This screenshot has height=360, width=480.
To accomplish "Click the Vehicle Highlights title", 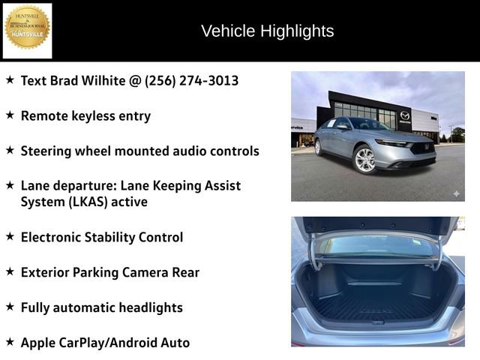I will click(x=267, y=31).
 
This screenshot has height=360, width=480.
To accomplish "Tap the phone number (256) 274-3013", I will click(x=191, y=79).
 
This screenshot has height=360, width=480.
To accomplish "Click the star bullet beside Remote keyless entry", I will click(x=10, y=115).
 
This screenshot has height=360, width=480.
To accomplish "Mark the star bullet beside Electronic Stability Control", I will click(x=10, y=236).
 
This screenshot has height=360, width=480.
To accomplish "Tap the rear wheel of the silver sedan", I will click(x=318, y=147).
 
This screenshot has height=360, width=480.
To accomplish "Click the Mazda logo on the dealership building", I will click(x=405, y=115).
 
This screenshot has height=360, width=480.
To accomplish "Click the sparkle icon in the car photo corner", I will click(x=455, y=193).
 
